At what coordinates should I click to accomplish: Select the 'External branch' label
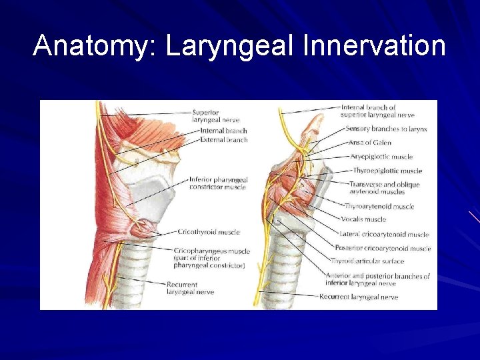223,140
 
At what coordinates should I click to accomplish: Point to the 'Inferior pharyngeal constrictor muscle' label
218,183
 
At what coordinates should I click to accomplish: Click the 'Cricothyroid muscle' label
209,232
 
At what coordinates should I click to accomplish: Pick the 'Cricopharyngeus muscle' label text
211,251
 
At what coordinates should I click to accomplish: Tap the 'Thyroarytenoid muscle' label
379,207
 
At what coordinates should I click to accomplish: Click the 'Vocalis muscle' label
364,219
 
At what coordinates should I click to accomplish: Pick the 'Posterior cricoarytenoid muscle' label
383,248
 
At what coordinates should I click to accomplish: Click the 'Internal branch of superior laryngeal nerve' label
377,111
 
